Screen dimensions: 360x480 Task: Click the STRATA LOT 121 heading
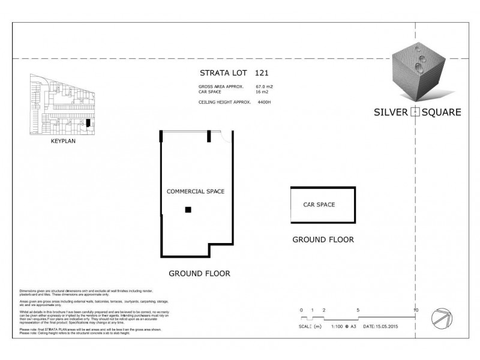point(233,73)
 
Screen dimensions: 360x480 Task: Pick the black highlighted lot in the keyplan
point(88,123)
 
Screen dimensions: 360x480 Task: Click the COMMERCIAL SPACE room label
point(195,191)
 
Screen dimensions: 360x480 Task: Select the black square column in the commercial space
point(188,209)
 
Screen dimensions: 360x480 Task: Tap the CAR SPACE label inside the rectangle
point(319,205)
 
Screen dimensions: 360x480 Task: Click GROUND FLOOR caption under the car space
point(323,239)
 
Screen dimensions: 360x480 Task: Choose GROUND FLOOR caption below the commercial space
point(199,273)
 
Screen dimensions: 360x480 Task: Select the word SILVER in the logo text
point(390,112)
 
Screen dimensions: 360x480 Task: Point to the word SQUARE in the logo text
point(441,112)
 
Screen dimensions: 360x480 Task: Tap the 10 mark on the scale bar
point(415,310)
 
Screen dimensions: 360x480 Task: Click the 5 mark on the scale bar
point(358,310)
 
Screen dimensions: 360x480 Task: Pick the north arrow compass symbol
point(443,317)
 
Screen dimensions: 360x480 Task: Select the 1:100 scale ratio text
point(337,327)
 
